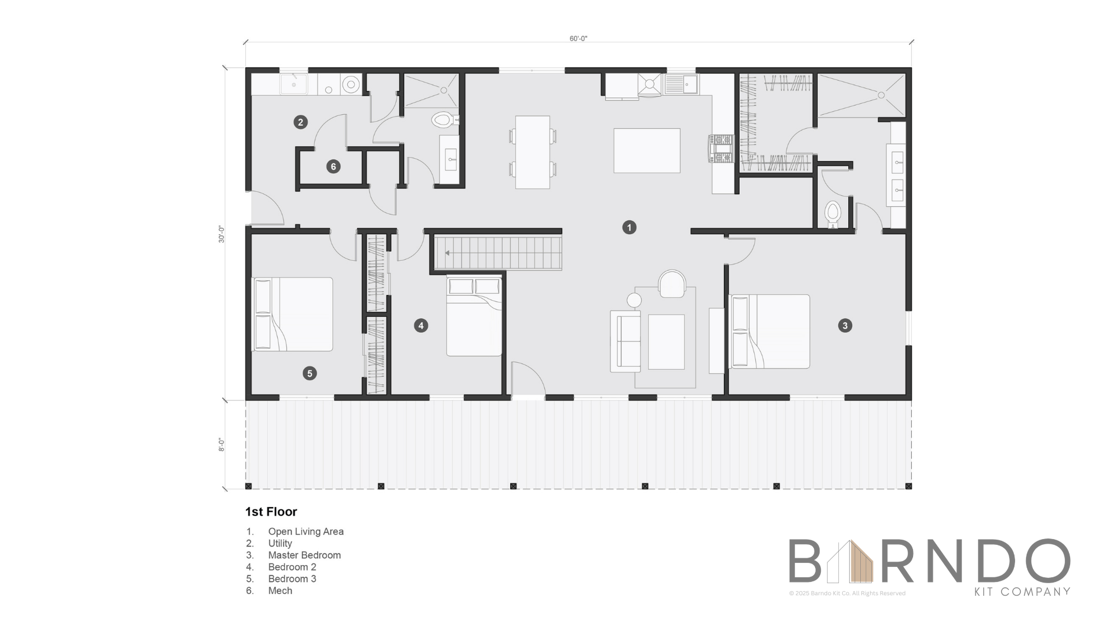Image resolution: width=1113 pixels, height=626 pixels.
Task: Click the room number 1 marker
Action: point(629,227)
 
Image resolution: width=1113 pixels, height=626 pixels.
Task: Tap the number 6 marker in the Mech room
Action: point(333,167)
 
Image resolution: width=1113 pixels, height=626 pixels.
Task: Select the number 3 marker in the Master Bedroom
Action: point(845,326)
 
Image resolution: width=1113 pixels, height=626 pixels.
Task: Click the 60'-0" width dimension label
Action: point(579,39)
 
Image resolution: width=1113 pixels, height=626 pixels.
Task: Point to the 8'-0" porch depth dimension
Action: point(221,445)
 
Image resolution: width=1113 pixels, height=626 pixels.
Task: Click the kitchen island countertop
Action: point(647,151)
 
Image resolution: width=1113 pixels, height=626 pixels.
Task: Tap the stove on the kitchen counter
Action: point(721,149)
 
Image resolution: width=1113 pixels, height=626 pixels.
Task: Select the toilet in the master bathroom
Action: point(832,214)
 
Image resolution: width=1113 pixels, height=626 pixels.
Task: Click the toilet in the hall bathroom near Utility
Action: point(444,120)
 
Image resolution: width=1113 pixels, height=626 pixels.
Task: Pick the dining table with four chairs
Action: point(533,152)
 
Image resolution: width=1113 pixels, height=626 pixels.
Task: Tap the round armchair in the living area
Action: point(672,283)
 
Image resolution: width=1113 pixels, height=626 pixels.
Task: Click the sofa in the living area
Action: point(625,341)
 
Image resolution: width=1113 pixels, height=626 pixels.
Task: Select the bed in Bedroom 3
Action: point(293,314)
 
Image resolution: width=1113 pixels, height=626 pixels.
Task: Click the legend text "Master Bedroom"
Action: point(304,555)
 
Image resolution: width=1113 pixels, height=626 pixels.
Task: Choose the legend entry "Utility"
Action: point(280,544)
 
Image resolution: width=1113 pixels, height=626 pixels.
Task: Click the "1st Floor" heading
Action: point(271,512)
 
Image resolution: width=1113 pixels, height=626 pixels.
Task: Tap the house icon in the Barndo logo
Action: point(850,561)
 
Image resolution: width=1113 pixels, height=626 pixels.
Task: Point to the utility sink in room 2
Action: point(294,84)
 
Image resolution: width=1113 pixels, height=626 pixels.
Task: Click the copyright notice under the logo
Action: point(847,594)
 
